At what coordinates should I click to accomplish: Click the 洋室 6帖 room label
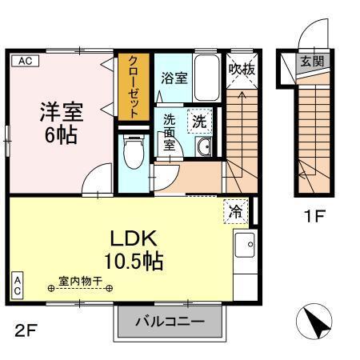pyautogui.click(x=60, y=120)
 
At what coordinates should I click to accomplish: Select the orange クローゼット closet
pyautogui.click(x=133, y=86)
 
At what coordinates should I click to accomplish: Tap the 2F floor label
pyautogui.click(x=23, y=328)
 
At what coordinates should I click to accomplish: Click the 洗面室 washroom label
pyautogui.click(x=171, y=134)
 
